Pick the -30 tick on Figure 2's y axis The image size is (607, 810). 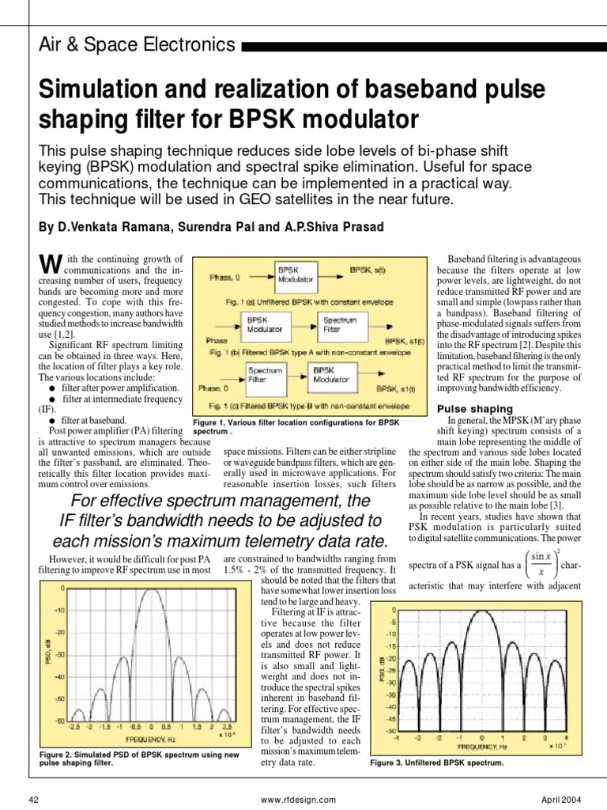click(x=59, y=656)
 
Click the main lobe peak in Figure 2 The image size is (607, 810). click(x=141, y=590)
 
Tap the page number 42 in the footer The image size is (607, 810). click(x=33, y=799)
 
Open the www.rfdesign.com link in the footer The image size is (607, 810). click(x=292, y=799)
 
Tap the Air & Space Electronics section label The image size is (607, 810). click(x=137, y=44)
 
